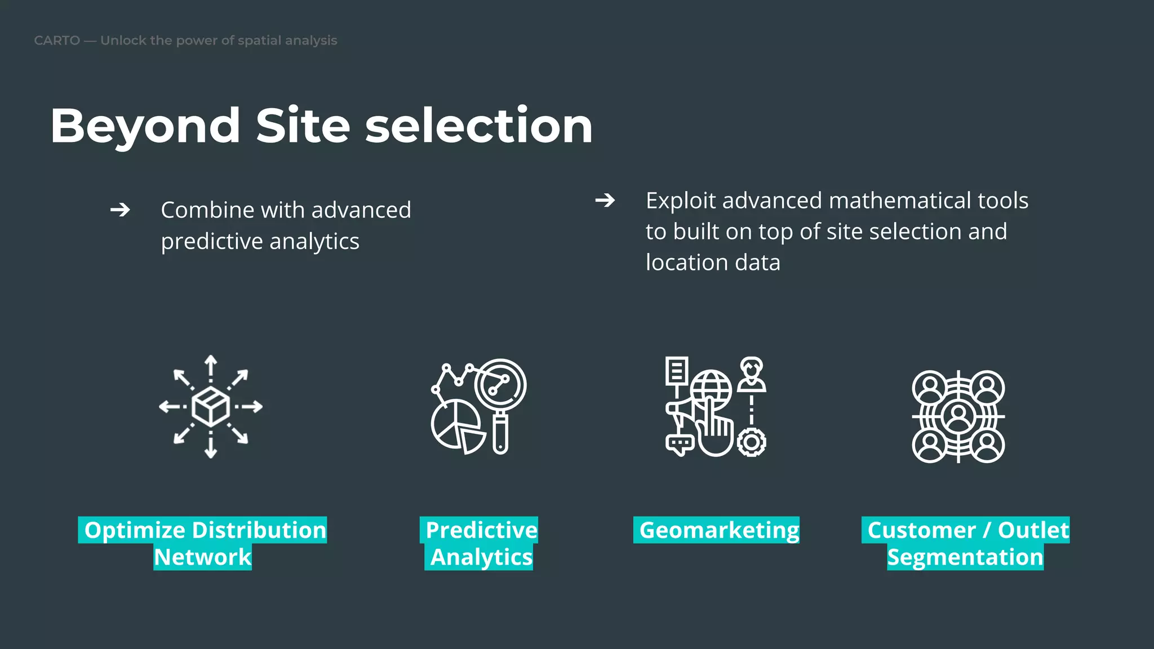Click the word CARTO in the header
click(57, 41)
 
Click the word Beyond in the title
click(145, 126)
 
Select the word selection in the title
click(479, 126)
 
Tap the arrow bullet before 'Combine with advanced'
click(120, 210)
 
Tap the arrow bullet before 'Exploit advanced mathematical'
click(605, 200)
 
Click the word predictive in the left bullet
click(211, 242)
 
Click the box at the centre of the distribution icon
click(211, 406)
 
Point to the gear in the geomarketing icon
click(751, 442)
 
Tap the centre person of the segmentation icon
click(958, 416)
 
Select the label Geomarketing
click(718, 530)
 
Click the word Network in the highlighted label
click(203, 557)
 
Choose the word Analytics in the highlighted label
click(481, 557)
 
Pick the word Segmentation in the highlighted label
click(965, 557)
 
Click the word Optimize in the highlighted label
click(135, 530)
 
